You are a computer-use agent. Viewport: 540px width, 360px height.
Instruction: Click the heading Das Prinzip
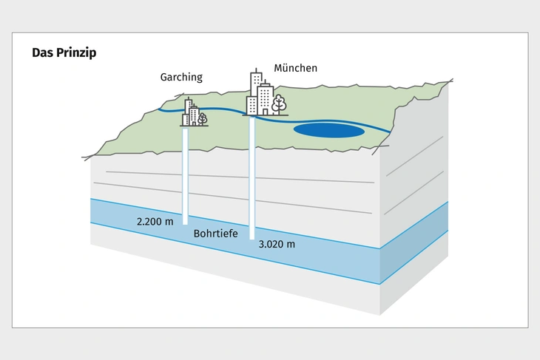[x=64, y=53]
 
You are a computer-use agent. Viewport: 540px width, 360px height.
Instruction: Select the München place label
[x=295, y=68]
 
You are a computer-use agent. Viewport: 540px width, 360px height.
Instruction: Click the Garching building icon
[x=192, y=113]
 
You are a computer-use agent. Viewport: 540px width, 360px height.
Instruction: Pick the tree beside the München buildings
[x=279, y=104]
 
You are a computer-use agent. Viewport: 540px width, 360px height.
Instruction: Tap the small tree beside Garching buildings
[x=202, y=117]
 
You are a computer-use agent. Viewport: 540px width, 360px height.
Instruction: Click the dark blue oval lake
[x=329, y=131]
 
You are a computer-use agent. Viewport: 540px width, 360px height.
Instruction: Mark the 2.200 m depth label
[x=155, y=220]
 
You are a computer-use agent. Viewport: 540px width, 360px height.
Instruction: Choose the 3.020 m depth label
[x=277, y=244]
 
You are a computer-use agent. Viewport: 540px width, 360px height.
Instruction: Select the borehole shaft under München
[x=252, y=177]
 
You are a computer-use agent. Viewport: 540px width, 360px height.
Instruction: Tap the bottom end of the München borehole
[x=252, y=237]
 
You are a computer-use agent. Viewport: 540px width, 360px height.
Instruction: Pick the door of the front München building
[x=264, y=110]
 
